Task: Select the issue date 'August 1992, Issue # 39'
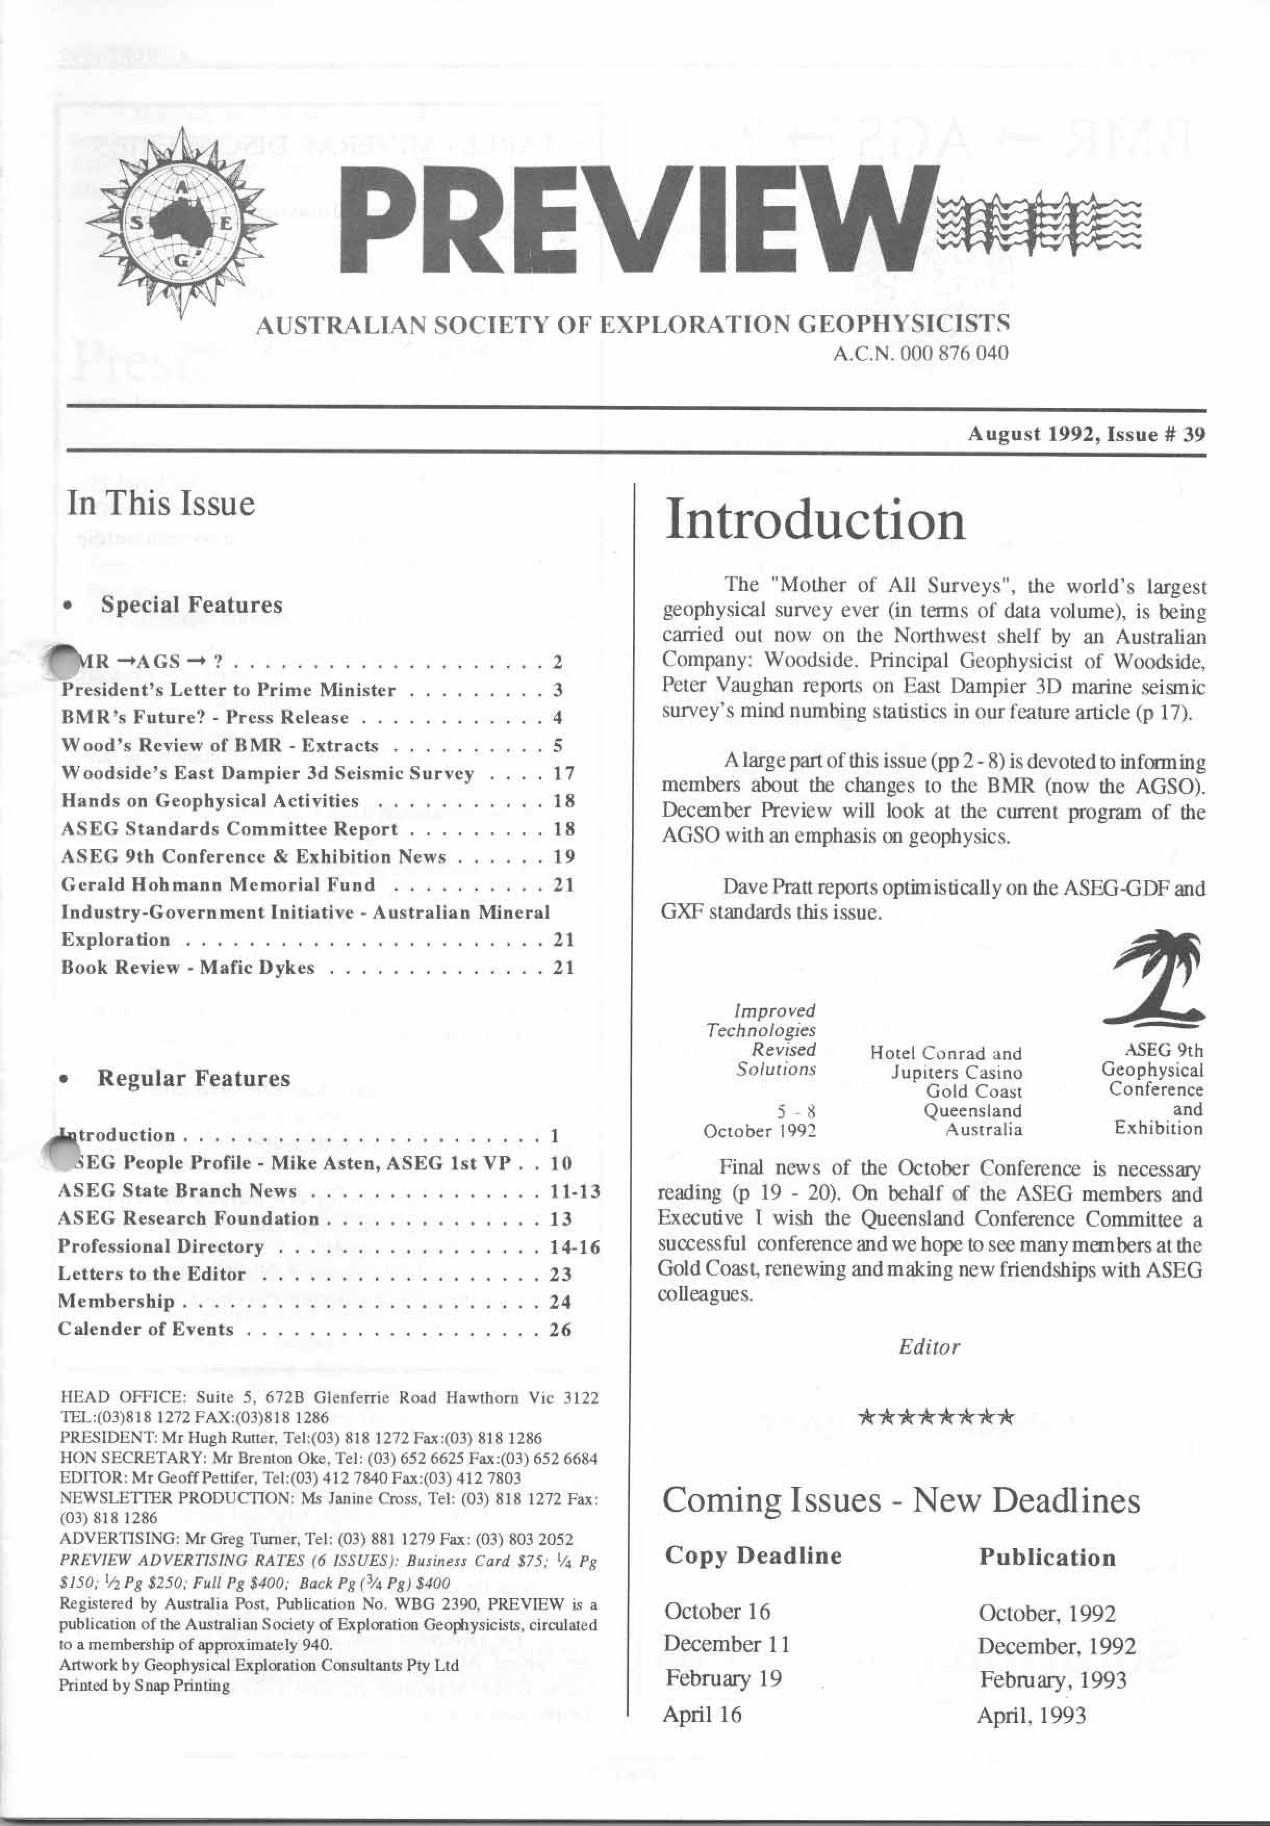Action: tap(1086, 434)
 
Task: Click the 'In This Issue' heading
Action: tap(161, 504)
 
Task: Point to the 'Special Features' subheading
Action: tap(191, 605)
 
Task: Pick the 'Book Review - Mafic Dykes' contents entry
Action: tap(188, 968)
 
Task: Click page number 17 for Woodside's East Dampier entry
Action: tap(563, 773)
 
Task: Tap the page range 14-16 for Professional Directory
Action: tap(575, 1246)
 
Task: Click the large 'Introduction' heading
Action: tap(815, 521)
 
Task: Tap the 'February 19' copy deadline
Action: tap(724, 1678)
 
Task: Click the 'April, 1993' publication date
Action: tap(1032, 1716)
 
